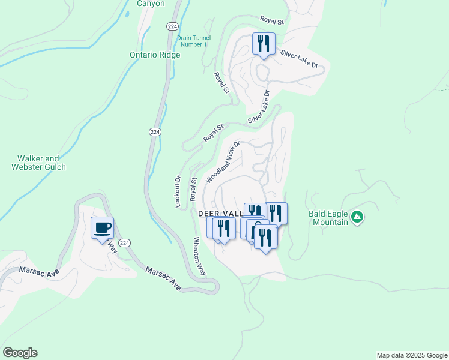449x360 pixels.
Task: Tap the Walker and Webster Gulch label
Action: (x=38, y=163)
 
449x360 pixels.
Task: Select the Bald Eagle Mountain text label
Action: (x=328, y=218)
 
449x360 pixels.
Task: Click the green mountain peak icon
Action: (x=357, y=216)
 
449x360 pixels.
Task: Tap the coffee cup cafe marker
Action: (x=102, y=228)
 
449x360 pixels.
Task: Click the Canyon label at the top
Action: (x=150, y=4)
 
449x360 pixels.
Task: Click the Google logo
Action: (x=20, y=353)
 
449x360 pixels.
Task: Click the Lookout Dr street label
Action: (x=178, y=191)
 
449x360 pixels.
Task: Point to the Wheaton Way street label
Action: (x=200, y=256)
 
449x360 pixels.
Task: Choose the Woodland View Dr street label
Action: (x=223, y=162)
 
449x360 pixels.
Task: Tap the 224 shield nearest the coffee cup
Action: (x=124, y=243)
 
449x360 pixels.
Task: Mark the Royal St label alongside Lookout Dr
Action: (x=193, y=188)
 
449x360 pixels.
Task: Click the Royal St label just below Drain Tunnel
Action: (x=222, y=83)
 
